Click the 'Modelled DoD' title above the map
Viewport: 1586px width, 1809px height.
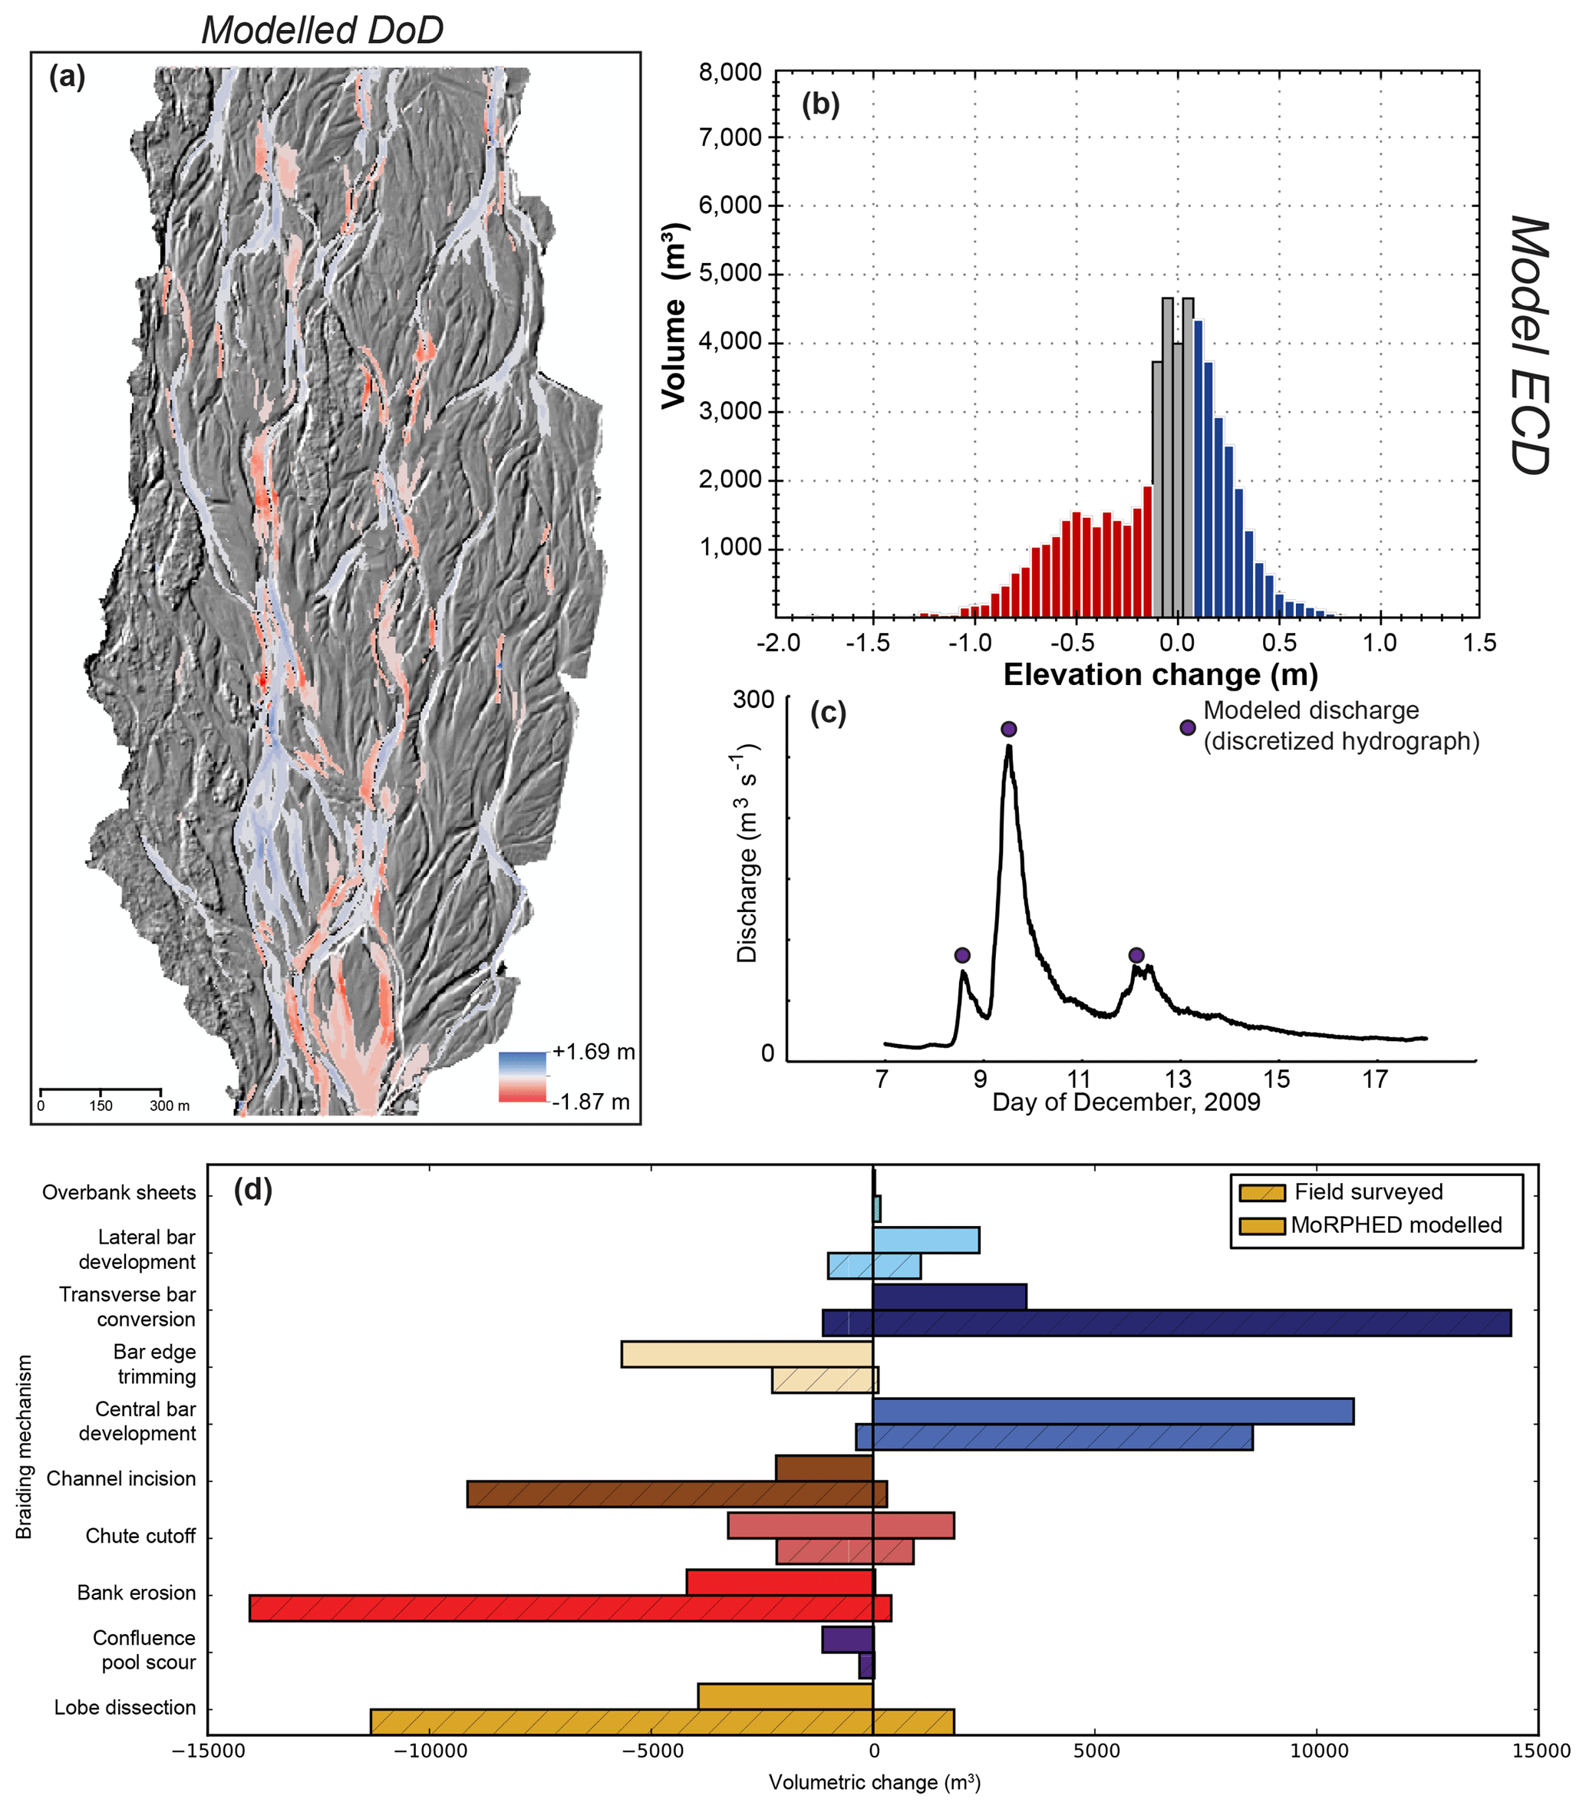pos(322,30)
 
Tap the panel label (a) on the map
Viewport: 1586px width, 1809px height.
pos(68,78)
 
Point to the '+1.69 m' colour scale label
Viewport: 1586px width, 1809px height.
pos(594,1052)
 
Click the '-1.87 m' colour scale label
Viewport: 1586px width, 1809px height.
pos(592,1102)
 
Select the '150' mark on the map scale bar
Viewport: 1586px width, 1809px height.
pos(101,1105)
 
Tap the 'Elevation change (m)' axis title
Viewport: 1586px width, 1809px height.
pos(1160,675)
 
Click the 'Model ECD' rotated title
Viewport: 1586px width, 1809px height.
pos(1528,345)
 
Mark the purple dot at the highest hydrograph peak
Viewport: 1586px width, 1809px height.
pos(1009,730)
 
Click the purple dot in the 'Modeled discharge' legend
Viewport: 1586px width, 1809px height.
pos(1188,727)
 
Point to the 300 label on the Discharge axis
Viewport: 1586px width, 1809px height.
pos(753,700)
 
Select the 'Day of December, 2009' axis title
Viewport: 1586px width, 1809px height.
pos(1126,1102)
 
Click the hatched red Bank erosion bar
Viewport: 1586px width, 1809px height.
pos(570,1608)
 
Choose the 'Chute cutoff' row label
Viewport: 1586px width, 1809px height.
pos(140,1536)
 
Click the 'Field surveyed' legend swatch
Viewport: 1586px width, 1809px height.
pos(1261,1193)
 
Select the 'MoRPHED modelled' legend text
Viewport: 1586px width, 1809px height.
pos(1396,1225)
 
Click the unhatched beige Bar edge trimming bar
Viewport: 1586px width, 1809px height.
pos(747,1355)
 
